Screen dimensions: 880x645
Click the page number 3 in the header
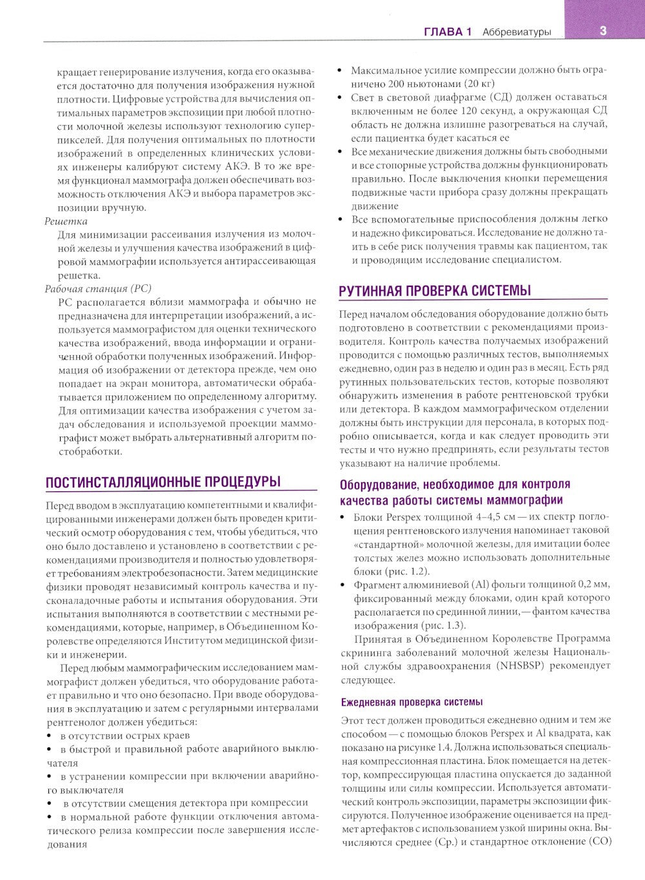[x=602, y=30]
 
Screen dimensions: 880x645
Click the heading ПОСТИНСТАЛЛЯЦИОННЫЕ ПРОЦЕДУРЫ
[x=163, y=482]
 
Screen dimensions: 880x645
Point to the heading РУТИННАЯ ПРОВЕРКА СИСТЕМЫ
[x=435, y=291]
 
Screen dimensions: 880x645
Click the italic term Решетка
[x=66, y=221]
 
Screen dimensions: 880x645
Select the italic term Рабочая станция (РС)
[x=98, y=288]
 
